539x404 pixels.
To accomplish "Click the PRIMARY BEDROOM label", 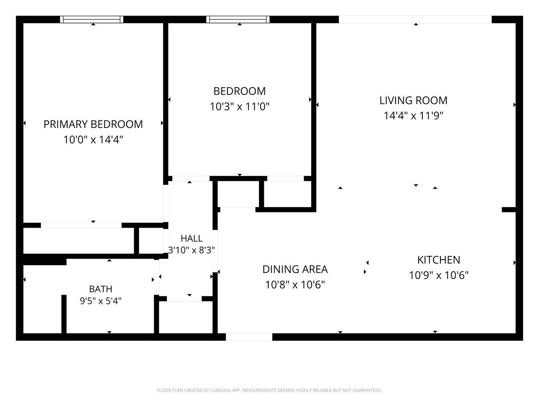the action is (93, 124).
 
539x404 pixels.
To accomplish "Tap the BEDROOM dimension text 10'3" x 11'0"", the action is (240, 107).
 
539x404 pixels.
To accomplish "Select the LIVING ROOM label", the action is (413, 100).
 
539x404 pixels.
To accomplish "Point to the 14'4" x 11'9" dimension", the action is (413, 116).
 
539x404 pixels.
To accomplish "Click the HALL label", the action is (192, 239).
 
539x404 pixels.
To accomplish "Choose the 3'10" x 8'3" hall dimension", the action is (192, 250).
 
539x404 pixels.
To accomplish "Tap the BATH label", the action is (101, 289).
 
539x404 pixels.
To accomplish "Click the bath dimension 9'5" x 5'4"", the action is (101, 301).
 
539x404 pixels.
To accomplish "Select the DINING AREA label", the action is (295, 269).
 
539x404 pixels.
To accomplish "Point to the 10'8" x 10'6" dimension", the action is (295, 285).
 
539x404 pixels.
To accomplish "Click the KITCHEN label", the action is (438, 260).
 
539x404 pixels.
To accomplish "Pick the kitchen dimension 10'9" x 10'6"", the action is (438, 275).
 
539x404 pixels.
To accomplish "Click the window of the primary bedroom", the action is (92, 19).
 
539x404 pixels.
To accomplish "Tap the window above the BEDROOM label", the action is (237, 19).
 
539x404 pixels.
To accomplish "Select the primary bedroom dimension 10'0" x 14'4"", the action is (93, 140).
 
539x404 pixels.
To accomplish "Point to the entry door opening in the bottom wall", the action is (249, 337).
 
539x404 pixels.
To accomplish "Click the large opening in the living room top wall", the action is (415, 20).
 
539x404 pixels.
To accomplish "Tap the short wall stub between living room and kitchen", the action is (509, 210).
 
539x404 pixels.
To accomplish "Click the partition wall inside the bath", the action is (64, 314).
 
